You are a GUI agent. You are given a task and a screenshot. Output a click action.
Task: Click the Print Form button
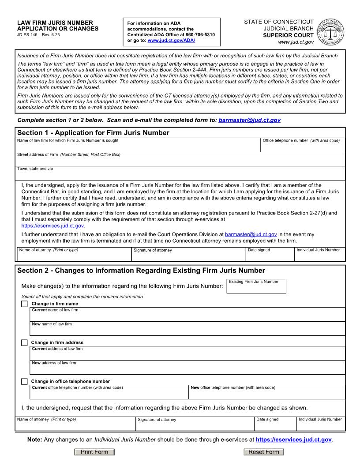click(x=94, y=452)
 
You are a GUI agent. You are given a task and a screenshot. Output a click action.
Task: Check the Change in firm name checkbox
click(x=24, y=304)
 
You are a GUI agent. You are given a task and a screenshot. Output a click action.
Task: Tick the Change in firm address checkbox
click(x=24, y=342)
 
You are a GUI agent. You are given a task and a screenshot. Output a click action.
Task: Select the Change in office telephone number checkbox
click(x=24, y=381)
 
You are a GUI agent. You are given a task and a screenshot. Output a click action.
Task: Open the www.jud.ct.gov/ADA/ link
click(x=171, y=40)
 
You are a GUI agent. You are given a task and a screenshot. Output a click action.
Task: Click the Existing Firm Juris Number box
click(x=257, y=288)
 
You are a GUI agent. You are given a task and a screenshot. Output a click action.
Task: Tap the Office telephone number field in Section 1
click(x=303, y=147)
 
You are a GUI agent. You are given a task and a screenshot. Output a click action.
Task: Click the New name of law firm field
click(x=187, y=331)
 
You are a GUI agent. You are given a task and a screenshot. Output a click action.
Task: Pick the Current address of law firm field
click(x=187, y=355)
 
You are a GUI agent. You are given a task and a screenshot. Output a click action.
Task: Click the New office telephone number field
click(x=267, y=394)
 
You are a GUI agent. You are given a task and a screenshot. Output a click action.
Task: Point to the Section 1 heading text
click(x=93, y=133)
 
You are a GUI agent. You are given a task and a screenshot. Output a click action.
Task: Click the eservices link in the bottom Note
click(x=293, y=440)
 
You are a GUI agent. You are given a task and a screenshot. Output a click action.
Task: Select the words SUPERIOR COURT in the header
click(x=289, y=35)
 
